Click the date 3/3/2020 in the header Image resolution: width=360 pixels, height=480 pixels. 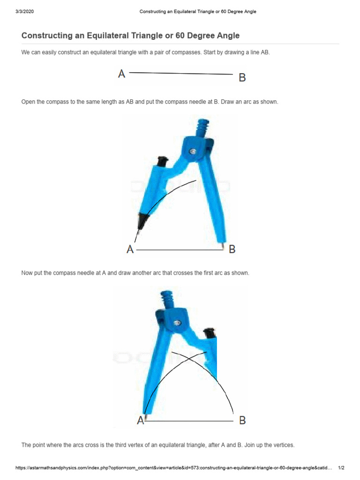(x=25, y=12)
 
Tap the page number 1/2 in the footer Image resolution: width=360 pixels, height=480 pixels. (x=341, y=468)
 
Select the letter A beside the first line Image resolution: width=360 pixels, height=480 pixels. (x=121, y=74)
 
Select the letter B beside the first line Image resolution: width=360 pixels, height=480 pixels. (x=242, y=78)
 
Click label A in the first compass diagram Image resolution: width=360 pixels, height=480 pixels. (x=130, y=249)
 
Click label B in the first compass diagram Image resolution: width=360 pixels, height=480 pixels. (x=232, y=249)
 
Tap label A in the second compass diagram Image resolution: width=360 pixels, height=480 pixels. (x=140, y=421)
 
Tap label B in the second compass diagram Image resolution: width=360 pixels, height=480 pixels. (x=242, y=420)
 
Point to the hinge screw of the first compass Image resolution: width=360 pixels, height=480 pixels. (x=193, y=150)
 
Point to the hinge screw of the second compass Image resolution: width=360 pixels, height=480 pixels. (x=177, y=323)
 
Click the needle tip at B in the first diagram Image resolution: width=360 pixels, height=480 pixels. (x=223, y=245)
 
